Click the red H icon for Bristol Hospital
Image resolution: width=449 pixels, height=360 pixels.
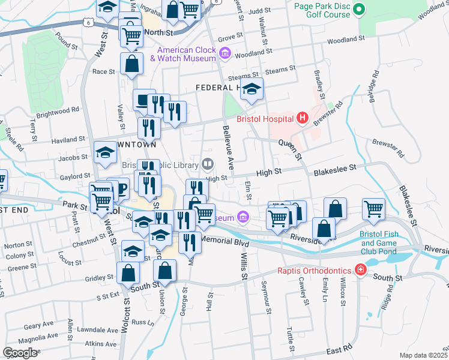pyautogui.click(x=302, y=118)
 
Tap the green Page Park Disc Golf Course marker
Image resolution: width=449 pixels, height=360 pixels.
pyautogui.click(x=359, y=10)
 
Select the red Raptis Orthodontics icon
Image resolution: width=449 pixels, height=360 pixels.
pyautogui.click(x=360, y=270)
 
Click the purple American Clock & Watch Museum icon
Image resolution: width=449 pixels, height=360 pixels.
pyautogui.click(x=225, y=54)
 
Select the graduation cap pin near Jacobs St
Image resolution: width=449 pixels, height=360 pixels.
pyautogui.click(x=106, y=152)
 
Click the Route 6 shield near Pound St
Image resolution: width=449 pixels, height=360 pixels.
pyautogui.click(x=88, y=22)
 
